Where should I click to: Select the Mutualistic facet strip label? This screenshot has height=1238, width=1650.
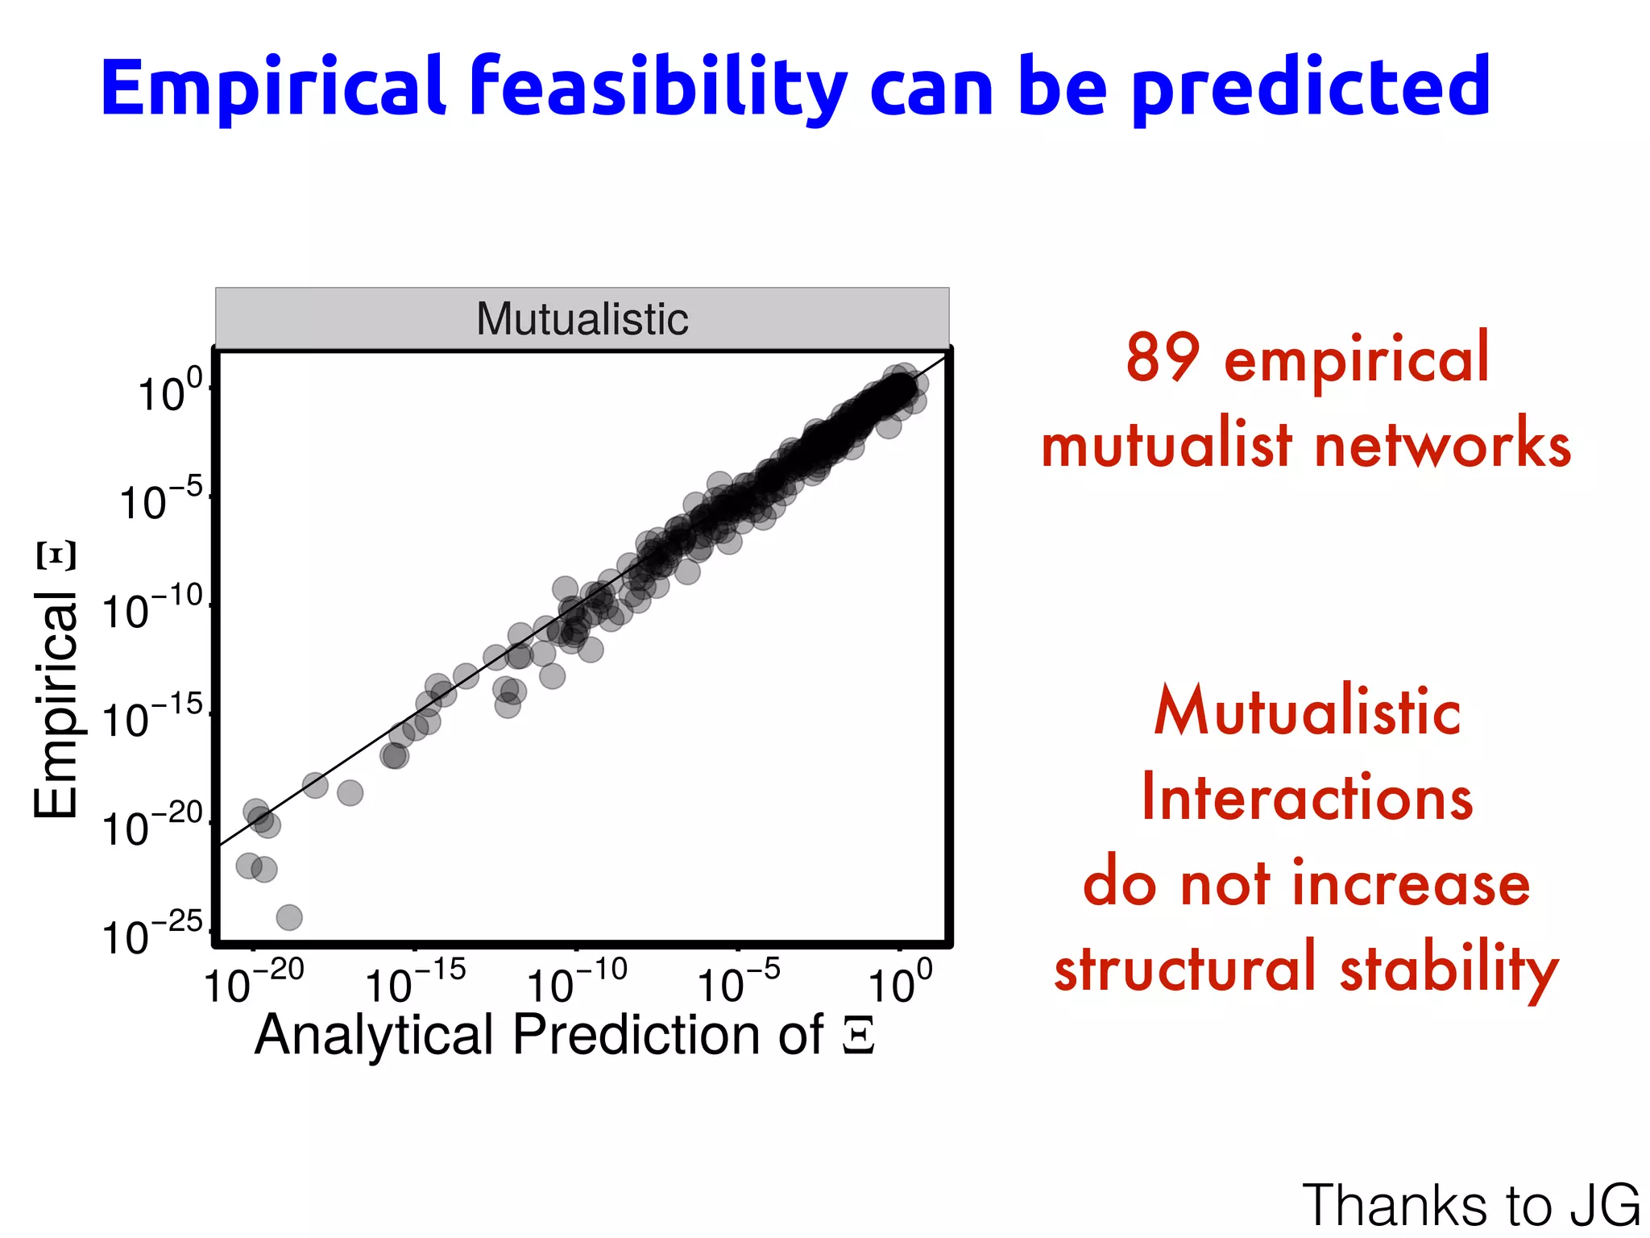point(582,319)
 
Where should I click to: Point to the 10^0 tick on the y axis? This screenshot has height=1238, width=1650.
point(170,393)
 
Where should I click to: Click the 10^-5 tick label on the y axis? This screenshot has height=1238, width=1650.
point(161,501)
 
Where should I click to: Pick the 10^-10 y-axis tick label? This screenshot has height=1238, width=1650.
point(153,609)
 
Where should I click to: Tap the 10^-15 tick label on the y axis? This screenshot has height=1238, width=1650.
point(153,717)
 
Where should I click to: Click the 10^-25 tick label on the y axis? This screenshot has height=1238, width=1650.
point(153,935)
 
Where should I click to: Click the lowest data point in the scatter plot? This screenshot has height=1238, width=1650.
point(289,917)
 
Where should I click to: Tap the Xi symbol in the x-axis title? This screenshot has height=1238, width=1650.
point(859,1037)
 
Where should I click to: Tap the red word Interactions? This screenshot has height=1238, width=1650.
point(1307,798)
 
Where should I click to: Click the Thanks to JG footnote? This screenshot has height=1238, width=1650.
point(1470,1204)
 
